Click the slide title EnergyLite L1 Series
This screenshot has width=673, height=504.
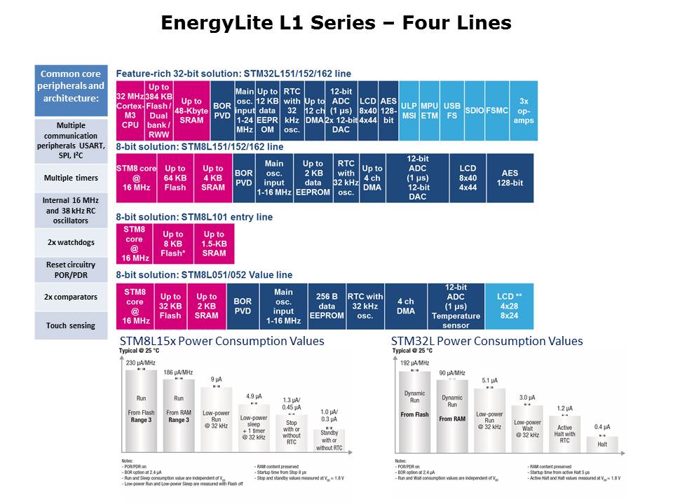coord(336,23)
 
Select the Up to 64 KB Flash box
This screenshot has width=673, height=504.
coord(175,178)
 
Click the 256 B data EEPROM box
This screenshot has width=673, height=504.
coord(327,306)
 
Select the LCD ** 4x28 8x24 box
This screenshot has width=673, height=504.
coord(509,306)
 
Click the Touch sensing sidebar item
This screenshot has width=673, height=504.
coord(72,325)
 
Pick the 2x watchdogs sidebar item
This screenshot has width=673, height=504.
coord(72,242)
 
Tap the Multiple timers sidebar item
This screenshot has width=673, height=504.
coord(72,178)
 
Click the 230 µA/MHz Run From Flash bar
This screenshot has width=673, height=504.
coord(140,409)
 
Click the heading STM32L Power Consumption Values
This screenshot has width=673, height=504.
coord(487,341)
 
